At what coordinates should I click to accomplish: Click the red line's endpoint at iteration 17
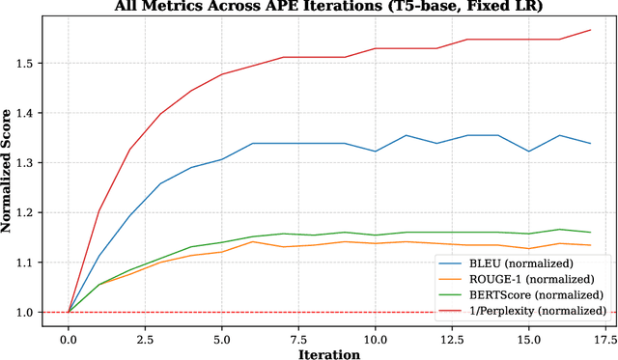[590, 30]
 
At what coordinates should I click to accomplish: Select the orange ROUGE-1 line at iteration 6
[252, 241]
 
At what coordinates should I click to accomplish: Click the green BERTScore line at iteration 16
[559, 230]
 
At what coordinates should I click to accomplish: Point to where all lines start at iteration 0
[68, 312]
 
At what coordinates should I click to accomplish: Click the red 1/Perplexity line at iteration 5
[221, 74]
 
